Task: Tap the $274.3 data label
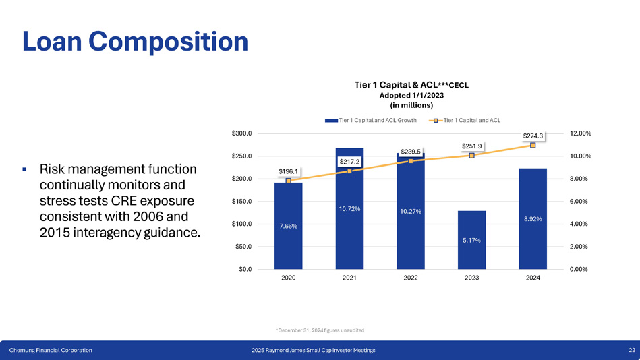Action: (x=533, y=136)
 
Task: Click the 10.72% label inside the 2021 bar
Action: (x=349, y=208)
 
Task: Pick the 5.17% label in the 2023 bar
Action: (x=471, y=240)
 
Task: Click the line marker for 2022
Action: (x=411, y=161)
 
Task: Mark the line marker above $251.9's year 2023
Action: (x=472, y=156)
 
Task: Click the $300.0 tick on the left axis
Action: (x=242, y=133)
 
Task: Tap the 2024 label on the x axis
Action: (x=533, y=278)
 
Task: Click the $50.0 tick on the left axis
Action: (x=243, y=247)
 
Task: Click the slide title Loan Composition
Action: (x=135, y=42)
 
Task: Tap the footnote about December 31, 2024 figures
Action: (x=320, y=330)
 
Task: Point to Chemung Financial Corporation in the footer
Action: (x=51, y=350)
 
